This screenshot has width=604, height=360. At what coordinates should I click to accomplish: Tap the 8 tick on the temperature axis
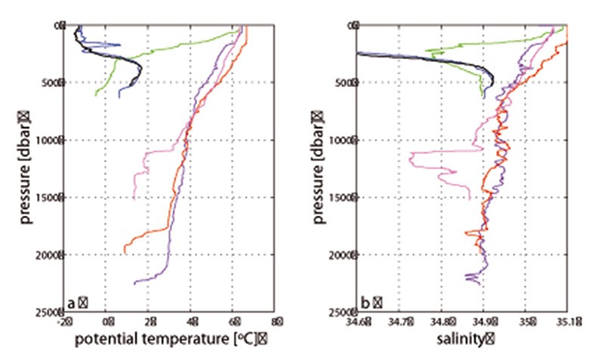pyautogui.click(x=276, y=322)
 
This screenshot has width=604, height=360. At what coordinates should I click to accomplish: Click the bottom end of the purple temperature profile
pyautogui.click(x=134, y=284)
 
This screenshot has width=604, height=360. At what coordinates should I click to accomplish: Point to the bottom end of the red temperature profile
pyautogui.click(x=125, y=253)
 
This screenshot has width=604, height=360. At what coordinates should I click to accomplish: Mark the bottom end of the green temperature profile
pyautogui.click(x=95, y=94)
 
